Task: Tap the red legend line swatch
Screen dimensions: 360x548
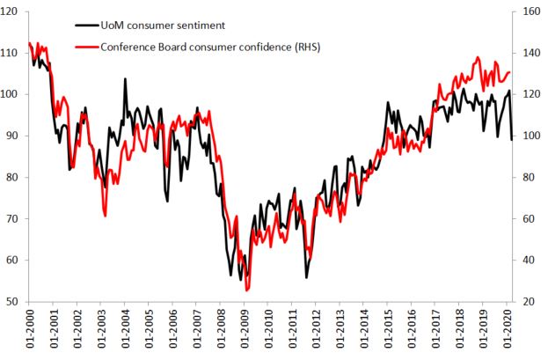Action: point(86,46)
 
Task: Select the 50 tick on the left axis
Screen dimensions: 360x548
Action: point(17,302)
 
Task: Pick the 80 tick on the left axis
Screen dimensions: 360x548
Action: point(17,178)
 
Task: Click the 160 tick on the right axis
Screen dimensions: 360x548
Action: point(530,11)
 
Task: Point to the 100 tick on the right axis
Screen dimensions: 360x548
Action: point(530,136)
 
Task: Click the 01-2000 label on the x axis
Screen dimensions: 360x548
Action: point(30,333)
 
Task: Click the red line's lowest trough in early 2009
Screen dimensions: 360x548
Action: point(247,290)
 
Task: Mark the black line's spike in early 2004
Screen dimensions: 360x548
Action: point(125,79)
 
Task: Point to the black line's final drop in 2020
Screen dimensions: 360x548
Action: point(512,138)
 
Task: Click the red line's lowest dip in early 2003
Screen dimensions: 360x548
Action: point(105,215)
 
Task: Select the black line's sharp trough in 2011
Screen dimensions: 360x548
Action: point(307,277)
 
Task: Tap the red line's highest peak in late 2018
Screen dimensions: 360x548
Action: point(478,58)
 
